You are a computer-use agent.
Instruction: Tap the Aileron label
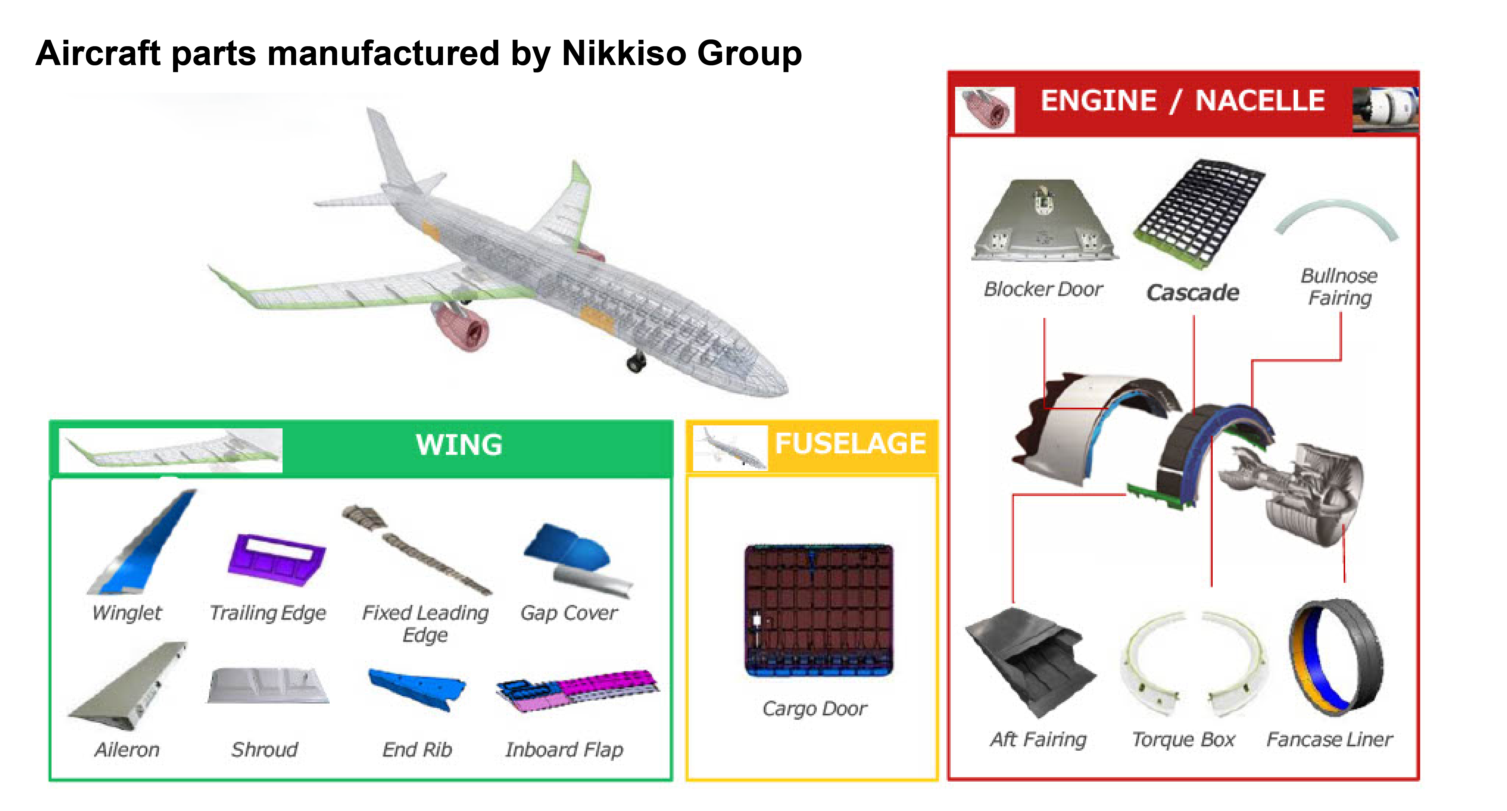click(127, 749)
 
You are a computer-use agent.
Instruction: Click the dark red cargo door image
click(819, 610)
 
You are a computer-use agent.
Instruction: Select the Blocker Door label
click(1043, 289)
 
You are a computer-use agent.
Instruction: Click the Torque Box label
click(1183, 739)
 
